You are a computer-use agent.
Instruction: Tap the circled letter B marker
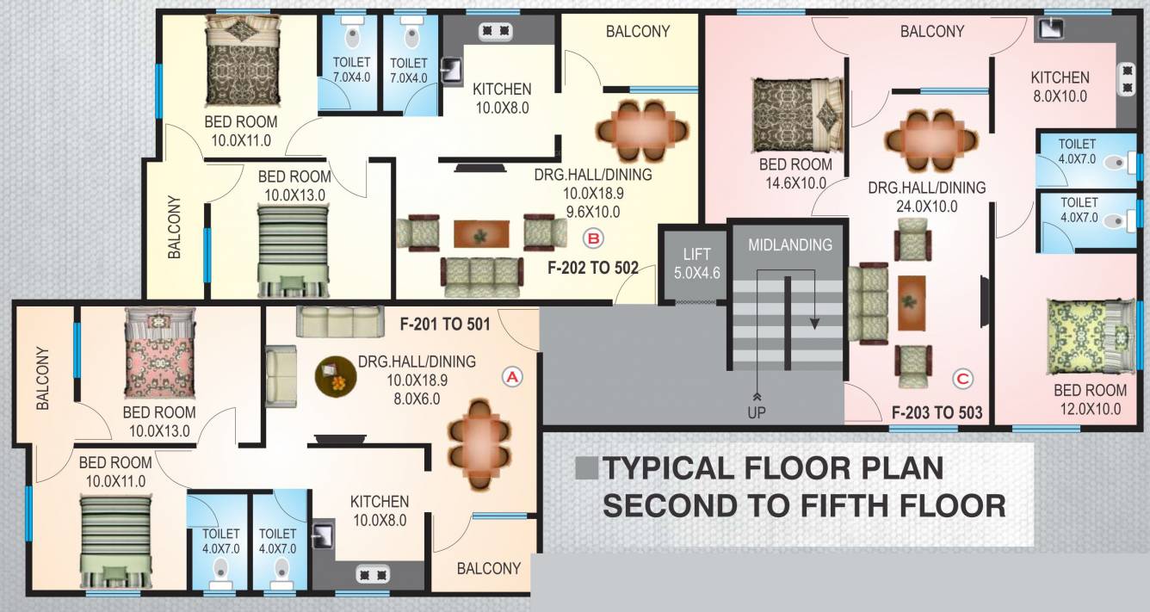coord(593,238)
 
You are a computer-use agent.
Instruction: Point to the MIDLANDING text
coord(789,244)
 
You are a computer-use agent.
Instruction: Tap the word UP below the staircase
coord(757,412)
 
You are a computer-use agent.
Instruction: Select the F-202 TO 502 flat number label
coord(593,268)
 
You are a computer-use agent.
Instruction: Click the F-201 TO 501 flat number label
coord(444,325)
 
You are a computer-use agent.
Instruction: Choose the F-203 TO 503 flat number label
coord(937,411)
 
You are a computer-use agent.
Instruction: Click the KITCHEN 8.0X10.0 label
coord(1060,86)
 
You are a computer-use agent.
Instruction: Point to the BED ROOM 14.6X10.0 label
coord(795,173)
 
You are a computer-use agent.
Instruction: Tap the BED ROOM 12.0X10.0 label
coord(1090,399)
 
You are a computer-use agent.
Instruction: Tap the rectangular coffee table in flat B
coord(480,232)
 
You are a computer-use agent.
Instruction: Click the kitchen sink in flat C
coord(1050,28)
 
